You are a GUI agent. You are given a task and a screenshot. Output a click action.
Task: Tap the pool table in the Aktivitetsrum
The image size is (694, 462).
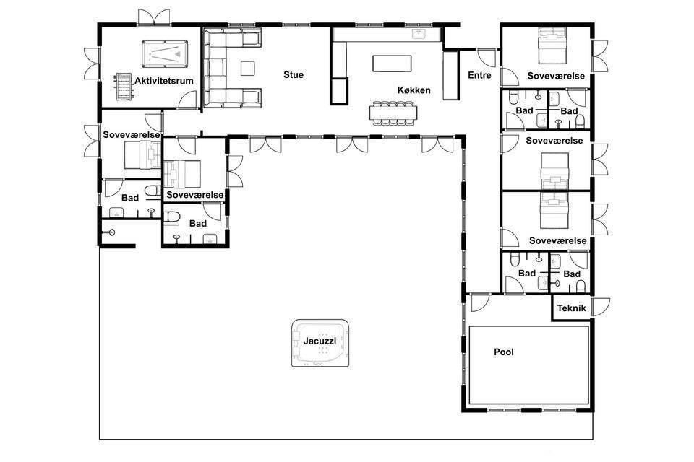pos(165,54)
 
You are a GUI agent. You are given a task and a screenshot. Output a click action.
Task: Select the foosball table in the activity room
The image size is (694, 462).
pos(124,86)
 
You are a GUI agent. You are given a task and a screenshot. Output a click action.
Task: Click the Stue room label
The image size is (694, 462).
pos(294,75)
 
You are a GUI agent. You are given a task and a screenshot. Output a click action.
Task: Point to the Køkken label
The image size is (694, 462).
pos(414,90)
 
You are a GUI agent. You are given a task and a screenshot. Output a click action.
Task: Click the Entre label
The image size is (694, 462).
pos(479,75)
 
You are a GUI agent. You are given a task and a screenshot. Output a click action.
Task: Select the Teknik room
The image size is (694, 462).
pos(571,308)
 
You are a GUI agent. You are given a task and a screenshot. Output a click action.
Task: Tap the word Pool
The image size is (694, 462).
pos(504,352)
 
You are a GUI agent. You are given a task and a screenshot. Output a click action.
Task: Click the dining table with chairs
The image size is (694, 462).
pos(393,113)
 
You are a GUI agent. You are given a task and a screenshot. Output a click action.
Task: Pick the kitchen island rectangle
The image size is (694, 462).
pos(392,64)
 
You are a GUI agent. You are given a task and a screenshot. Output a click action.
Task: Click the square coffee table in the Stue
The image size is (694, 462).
pos(248,68)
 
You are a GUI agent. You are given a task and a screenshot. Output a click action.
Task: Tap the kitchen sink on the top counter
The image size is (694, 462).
pos(419,34)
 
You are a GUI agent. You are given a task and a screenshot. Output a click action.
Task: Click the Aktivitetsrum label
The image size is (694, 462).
pos(164,81)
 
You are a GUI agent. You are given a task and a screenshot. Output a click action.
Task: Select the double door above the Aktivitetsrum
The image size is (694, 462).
pos(153,17)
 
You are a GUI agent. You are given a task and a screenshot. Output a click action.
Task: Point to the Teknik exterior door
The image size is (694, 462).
pos(601,307)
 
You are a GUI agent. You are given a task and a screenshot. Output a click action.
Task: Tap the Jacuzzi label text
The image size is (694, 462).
pos(320,341)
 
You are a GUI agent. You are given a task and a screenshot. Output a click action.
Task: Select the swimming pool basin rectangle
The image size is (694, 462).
pos(529,365)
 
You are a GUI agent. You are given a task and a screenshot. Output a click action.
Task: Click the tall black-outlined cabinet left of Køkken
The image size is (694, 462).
pos(339,91)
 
